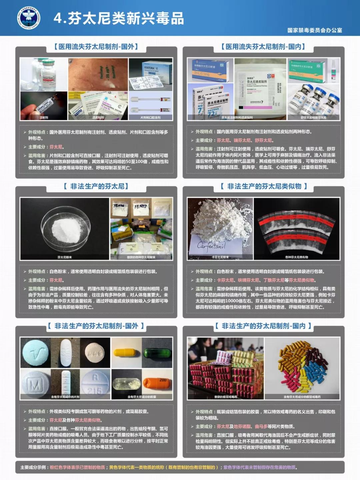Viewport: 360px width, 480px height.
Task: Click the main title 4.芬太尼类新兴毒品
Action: click(x=119, y=18)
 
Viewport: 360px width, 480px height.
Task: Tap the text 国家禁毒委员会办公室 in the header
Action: click(x=314, y=30)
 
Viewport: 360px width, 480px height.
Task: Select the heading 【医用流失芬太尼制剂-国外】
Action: click(x=96, y=47)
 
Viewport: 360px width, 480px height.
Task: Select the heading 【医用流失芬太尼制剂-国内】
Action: click(x=263, y=47)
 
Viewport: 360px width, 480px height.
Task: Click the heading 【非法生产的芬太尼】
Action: click(x=96, y=186)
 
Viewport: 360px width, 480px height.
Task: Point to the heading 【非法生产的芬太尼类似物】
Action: click(x=263, y=186)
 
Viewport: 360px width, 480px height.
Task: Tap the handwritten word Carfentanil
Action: click(x=211, y=246)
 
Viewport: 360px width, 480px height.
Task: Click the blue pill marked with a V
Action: click(x=35, y=352)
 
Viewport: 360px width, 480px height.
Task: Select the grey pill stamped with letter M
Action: click(x=35, y=385)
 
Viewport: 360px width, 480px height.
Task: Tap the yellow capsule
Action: click(x=126, y=352)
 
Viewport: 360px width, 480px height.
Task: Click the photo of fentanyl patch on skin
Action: click(x=98, y=74)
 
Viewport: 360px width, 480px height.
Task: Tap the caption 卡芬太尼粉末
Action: click(x=220, y=257)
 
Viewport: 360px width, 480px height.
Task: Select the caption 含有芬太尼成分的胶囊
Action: click(x=142, y=397)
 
